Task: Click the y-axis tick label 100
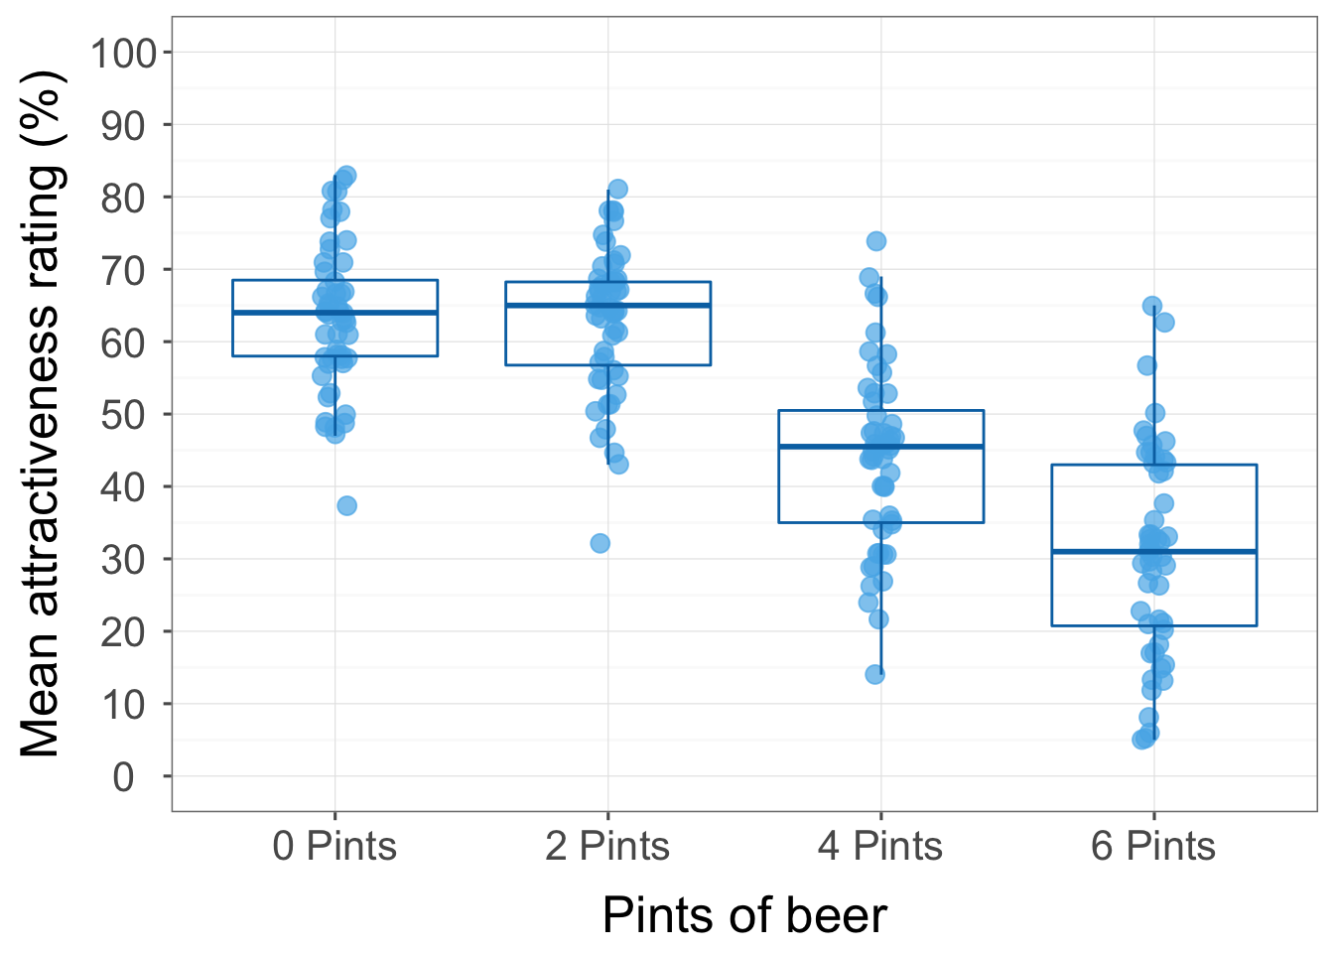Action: (x=123, y=53)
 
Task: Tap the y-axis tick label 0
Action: (x=123, y=777)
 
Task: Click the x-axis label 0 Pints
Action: (x=334, y=847)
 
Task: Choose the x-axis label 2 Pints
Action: (x=607, y=847)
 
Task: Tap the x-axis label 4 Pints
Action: (x=880, y=847)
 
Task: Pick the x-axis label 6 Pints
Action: (x=1153, y=847)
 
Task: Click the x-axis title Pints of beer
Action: (x=743, y=915)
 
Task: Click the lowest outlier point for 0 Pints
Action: (x=346, y=505)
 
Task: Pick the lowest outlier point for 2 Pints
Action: (x=600, y=543)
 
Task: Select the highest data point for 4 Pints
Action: (x=876, y=241)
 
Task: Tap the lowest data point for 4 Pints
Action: (x=875, y=674)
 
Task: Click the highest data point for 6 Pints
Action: (x=1152, y=306)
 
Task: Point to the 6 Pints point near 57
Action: (x=1147, y=365)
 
